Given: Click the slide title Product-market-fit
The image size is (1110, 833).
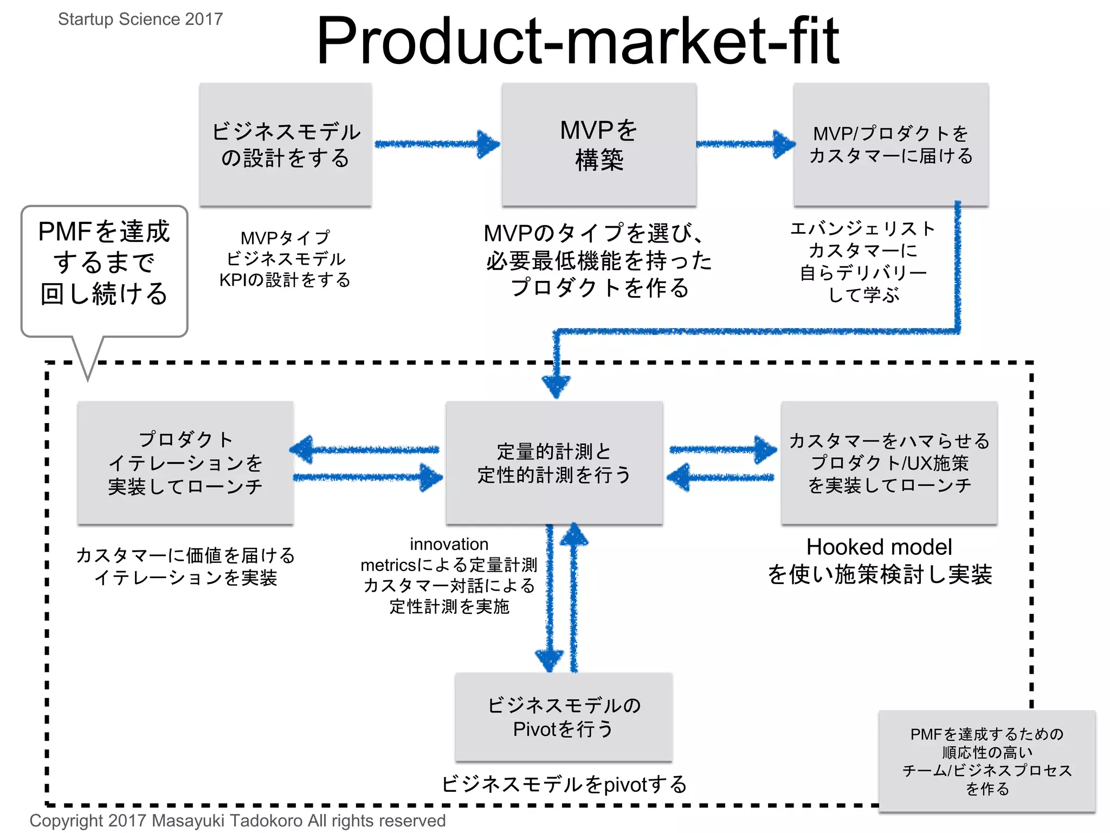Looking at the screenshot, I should (x=577, y=41).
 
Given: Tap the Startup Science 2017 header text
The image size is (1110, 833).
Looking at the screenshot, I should (x=140, y=19).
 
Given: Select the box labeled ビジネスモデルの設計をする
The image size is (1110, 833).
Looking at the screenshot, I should (x=286, y=145).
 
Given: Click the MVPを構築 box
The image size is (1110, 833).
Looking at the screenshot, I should (x=599, y=145).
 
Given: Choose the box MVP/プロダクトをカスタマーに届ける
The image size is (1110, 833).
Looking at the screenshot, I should (x=891, y=145).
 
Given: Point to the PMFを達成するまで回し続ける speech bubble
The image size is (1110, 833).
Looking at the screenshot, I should (x=104, y=263).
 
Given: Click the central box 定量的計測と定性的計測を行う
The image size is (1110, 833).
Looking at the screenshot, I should (x=554, y=463).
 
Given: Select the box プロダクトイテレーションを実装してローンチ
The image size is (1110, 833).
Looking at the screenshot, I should (x=185, y=463).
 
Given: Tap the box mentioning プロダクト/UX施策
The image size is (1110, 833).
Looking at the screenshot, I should (x=889, y=463).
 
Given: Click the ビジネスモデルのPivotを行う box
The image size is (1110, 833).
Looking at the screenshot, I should (x=564, y=717).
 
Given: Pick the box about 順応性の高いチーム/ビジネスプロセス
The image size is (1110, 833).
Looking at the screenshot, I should (x=986, y=761).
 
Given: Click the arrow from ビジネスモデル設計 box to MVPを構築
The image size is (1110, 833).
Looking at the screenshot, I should (x=436, y=144).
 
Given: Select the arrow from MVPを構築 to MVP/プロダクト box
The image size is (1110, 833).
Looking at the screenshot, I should (x=745, y=144).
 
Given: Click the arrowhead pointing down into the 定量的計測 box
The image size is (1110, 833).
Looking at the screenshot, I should (x=556, y=386).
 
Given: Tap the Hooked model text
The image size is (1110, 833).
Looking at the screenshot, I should (x=879, y=547).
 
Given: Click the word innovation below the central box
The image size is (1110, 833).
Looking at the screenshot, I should (x=449, y=544).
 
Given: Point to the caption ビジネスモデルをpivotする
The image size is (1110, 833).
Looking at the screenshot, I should (x=564, y=784).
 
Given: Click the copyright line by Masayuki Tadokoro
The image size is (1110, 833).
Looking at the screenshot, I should (x=237, y=821).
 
